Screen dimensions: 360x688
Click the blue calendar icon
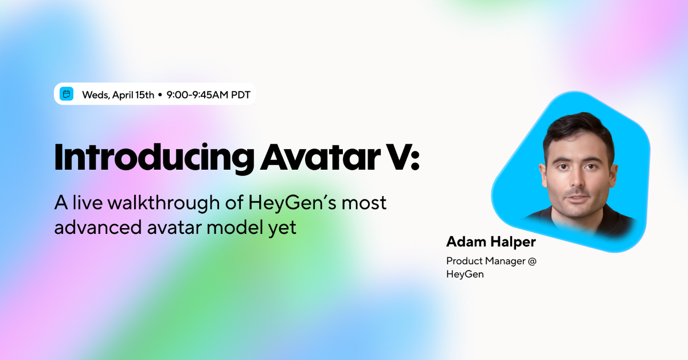(67, 95)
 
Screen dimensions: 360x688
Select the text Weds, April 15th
(118, 95)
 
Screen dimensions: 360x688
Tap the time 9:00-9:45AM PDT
(208, 95)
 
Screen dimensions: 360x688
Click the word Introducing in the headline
(154, 157)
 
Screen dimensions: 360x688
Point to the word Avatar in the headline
(317, 157)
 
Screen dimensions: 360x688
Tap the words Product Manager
(485, 261)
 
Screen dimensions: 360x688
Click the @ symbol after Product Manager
(531, 261)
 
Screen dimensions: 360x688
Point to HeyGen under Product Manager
(465, 274)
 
